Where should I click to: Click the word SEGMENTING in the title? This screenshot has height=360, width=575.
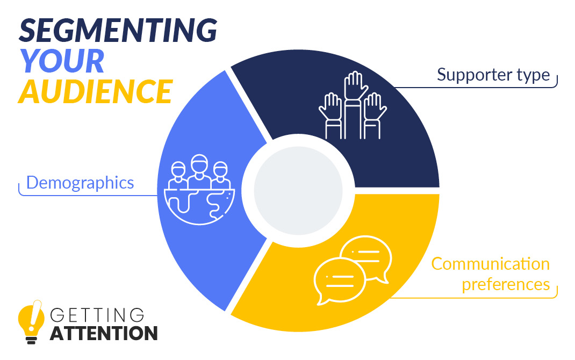click(x=118, y=30)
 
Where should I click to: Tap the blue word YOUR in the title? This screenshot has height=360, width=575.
click(x=62, y=61)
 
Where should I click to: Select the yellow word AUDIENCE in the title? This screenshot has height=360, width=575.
click(x=95, y=91)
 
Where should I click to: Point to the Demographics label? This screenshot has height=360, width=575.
click(x=80, y=183)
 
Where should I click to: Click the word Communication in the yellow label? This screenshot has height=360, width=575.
click(x=490, y=264)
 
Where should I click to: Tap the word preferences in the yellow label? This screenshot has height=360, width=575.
click(x=506, y=285)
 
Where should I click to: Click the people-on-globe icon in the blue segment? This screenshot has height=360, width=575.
click(x=199, y=189)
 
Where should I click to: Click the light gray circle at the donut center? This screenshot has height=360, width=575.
click(x=298, y=191)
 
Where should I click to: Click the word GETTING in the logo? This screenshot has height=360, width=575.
click(x=97, y=315)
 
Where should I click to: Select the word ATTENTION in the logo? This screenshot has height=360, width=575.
click(x=104, y=334)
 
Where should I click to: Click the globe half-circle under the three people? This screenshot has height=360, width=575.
click(x=199, y=207)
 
